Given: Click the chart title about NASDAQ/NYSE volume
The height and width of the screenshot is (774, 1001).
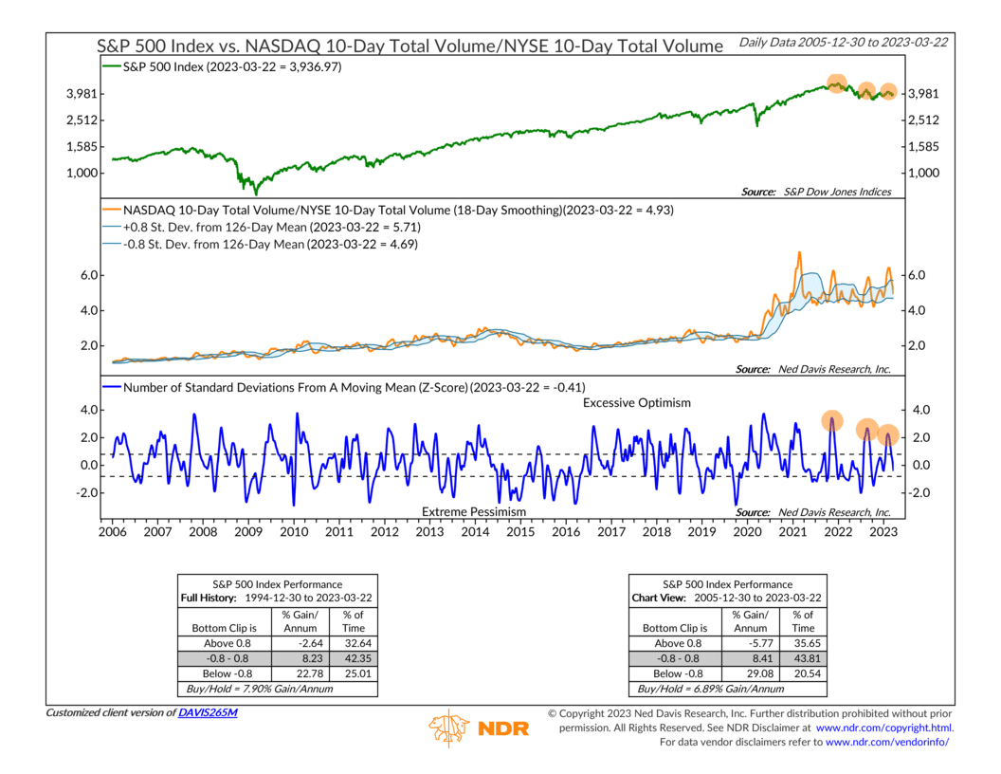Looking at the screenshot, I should (x=410, y=45).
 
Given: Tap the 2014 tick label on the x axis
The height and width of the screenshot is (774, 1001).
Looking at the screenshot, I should (x=475, y=533).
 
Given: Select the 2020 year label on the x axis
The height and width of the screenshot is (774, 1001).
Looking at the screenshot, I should (x=748, y=533).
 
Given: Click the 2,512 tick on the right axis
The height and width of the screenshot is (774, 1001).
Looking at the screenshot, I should (x=923, y=120).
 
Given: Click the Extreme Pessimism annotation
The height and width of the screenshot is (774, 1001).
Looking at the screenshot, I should (x=473, y=511).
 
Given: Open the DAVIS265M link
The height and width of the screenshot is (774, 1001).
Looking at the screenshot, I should (x=208, y=711).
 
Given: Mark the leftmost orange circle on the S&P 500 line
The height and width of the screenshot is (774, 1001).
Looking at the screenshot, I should (x=836, y=83).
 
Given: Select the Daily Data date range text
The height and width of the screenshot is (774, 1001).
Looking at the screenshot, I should (x=845, y=43).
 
